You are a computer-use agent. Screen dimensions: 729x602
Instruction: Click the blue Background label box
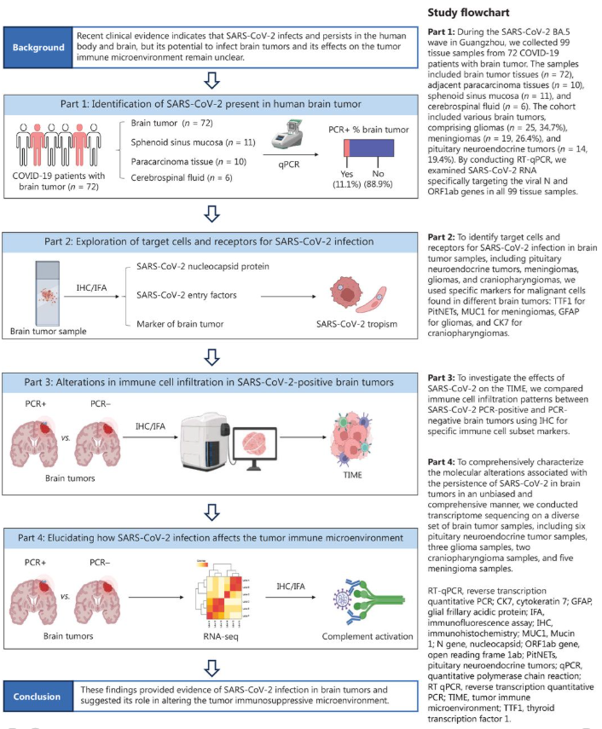click(x=43, y=48)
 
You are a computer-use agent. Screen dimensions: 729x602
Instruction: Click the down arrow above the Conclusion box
click(x=213, y=662)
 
